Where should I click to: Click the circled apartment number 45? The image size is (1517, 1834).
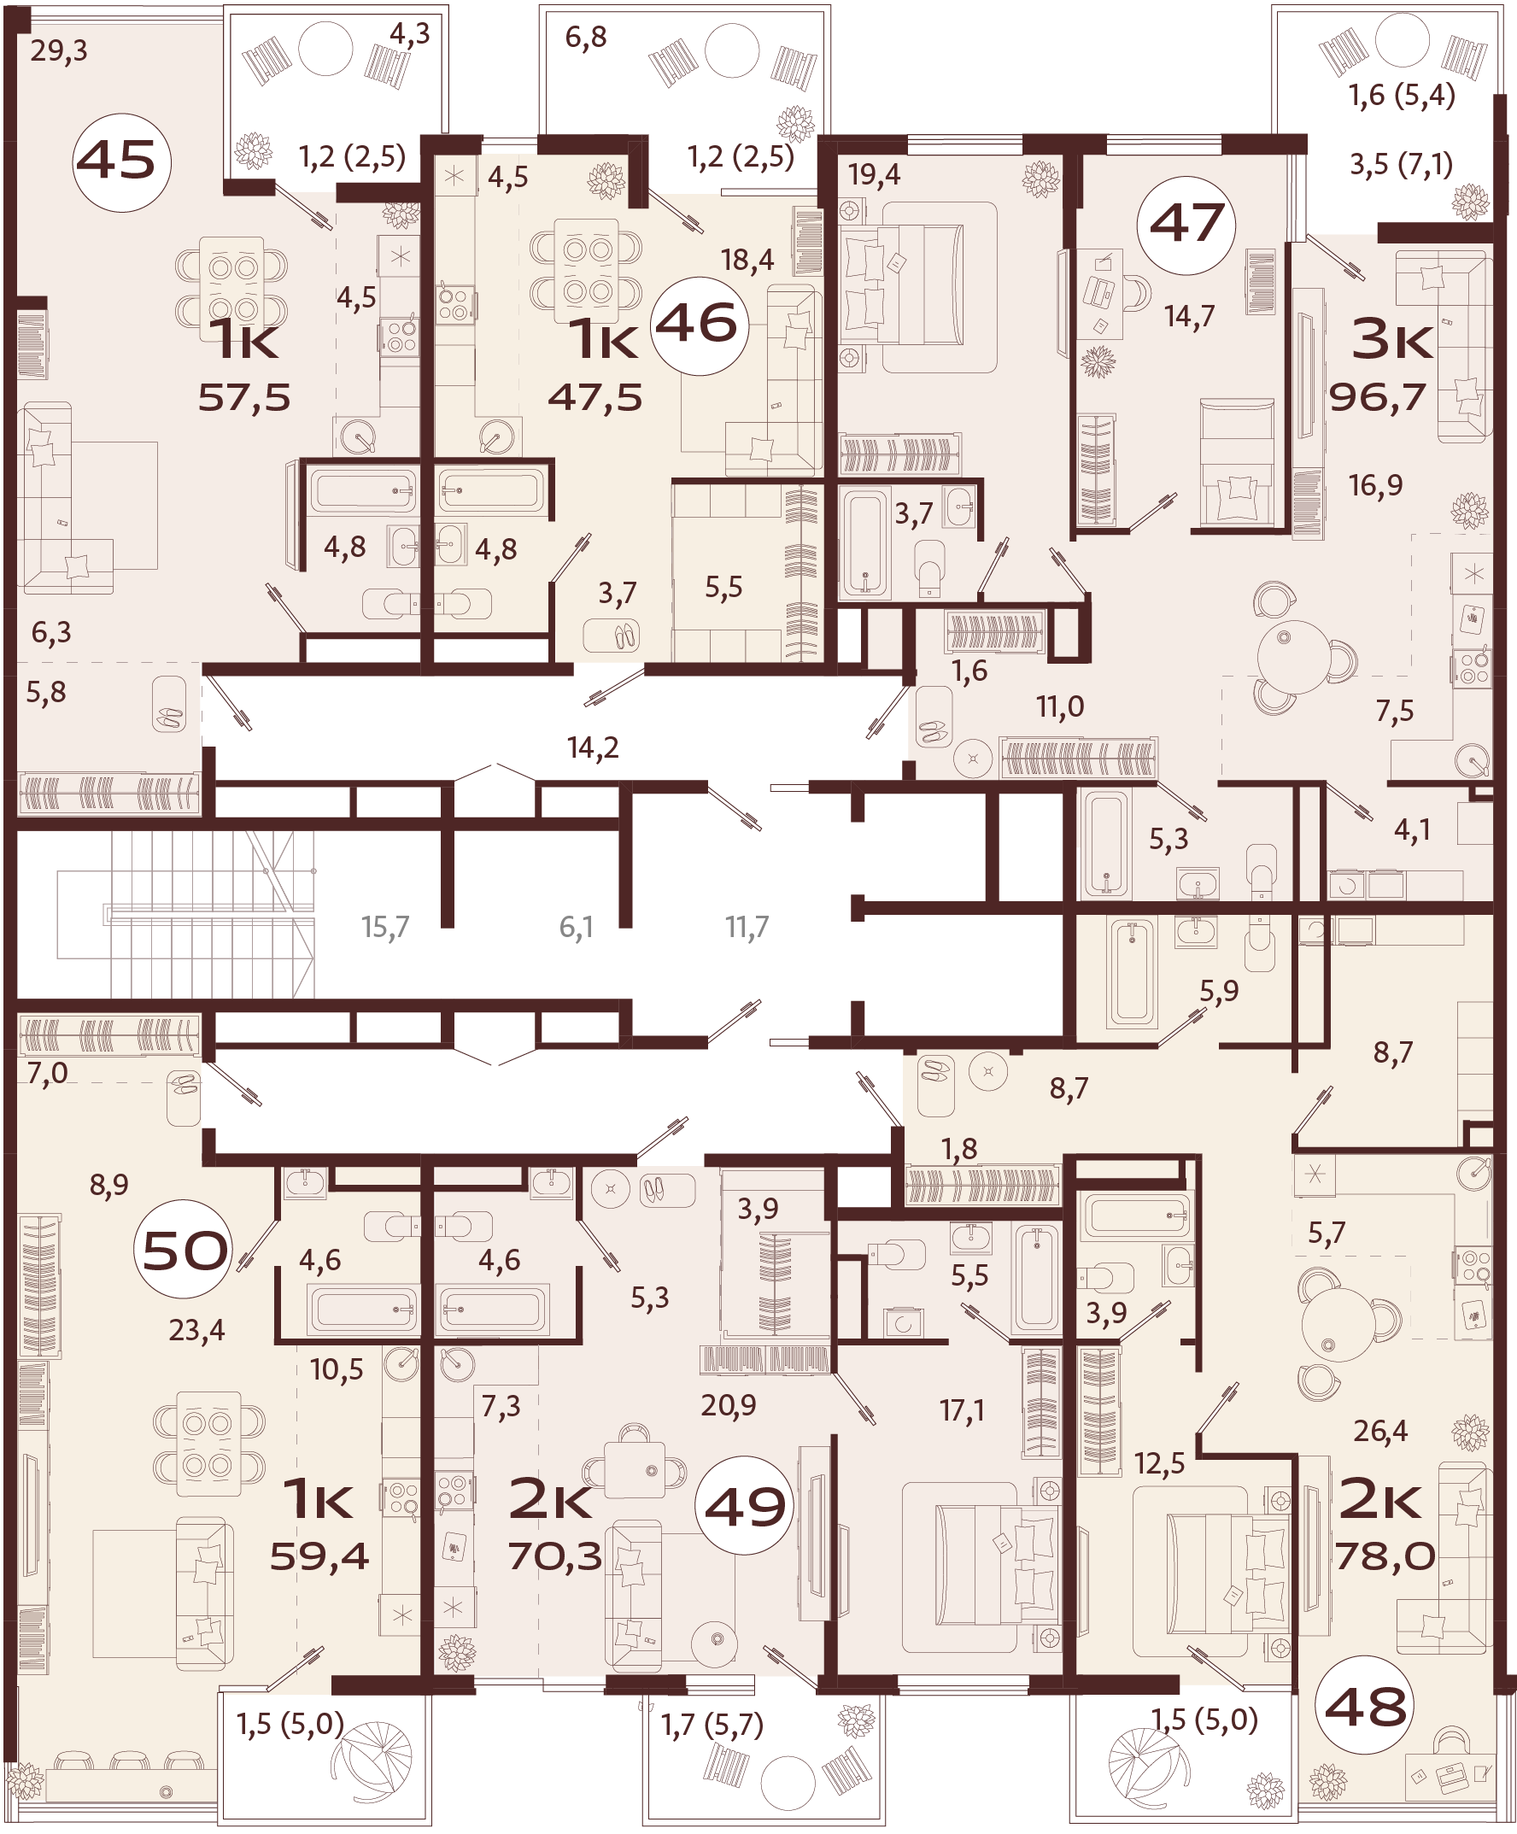121,161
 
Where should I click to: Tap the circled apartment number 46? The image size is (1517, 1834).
698,325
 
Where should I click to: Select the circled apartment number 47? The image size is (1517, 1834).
1186,224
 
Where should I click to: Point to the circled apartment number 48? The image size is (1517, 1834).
1364,1706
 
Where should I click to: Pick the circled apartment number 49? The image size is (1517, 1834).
744,1507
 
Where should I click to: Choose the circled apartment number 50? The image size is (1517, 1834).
184,1251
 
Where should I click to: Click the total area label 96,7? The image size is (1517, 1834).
1377,398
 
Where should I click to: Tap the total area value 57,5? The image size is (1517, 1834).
243,398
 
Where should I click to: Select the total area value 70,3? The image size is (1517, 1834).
555,1556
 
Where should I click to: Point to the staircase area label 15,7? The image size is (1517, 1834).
385,927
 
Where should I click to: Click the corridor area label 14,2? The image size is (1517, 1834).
593,747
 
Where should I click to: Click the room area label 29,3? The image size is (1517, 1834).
59,50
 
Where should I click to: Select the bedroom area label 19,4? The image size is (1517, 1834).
874,174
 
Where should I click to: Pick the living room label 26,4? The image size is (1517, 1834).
1379,1431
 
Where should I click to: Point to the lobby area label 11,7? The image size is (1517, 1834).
747,927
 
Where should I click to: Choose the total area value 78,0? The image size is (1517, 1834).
1385,1556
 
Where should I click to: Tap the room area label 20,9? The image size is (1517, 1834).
729,1405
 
